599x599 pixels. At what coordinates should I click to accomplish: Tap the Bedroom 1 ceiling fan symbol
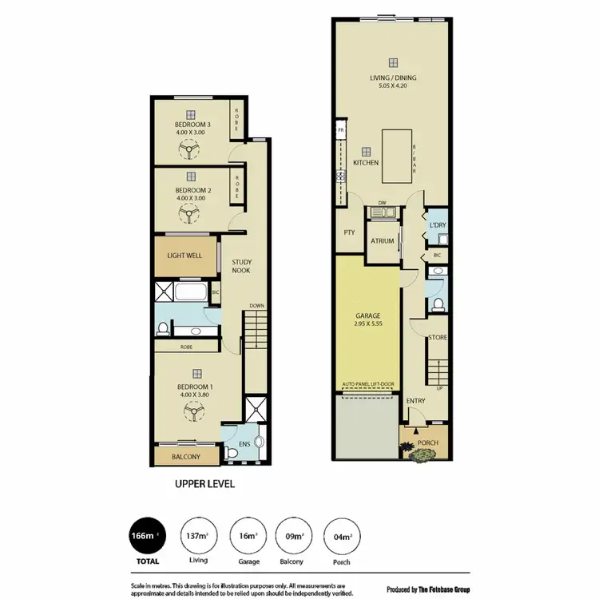coord(192,411)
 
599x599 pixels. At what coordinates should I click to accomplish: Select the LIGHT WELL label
coord(184,256)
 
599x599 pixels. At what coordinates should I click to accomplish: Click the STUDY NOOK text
coord(242,265)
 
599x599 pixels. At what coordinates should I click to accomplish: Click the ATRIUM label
coord(382,241)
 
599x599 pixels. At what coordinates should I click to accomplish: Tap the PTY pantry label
coord(349,233)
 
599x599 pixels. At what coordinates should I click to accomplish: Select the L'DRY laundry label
coord(437,225)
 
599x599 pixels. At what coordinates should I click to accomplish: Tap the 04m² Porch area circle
coord(341,537)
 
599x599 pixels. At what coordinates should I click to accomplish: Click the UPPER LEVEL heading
coord(204,484)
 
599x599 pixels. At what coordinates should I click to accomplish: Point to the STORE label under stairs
coord(438,338)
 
